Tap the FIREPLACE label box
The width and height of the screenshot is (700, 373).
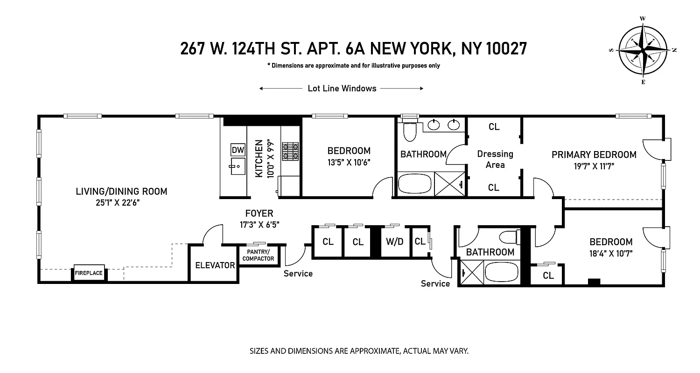[x=89, y=273]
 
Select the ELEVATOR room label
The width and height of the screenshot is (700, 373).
[x=215, y=265]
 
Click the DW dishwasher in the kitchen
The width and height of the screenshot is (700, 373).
[x=238, y=150]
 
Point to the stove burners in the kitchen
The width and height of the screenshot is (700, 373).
[x=292, y=151]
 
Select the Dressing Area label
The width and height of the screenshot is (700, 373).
[x=495, y=159]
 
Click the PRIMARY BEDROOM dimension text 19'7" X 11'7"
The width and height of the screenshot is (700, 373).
[x=594, y=166]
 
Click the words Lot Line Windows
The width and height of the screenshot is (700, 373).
[x=342, y=89]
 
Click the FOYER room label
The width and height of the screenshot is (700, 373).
[x=259, y=214]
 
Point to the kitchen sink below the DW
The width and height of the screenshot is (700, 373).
[x=238, y=166]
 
